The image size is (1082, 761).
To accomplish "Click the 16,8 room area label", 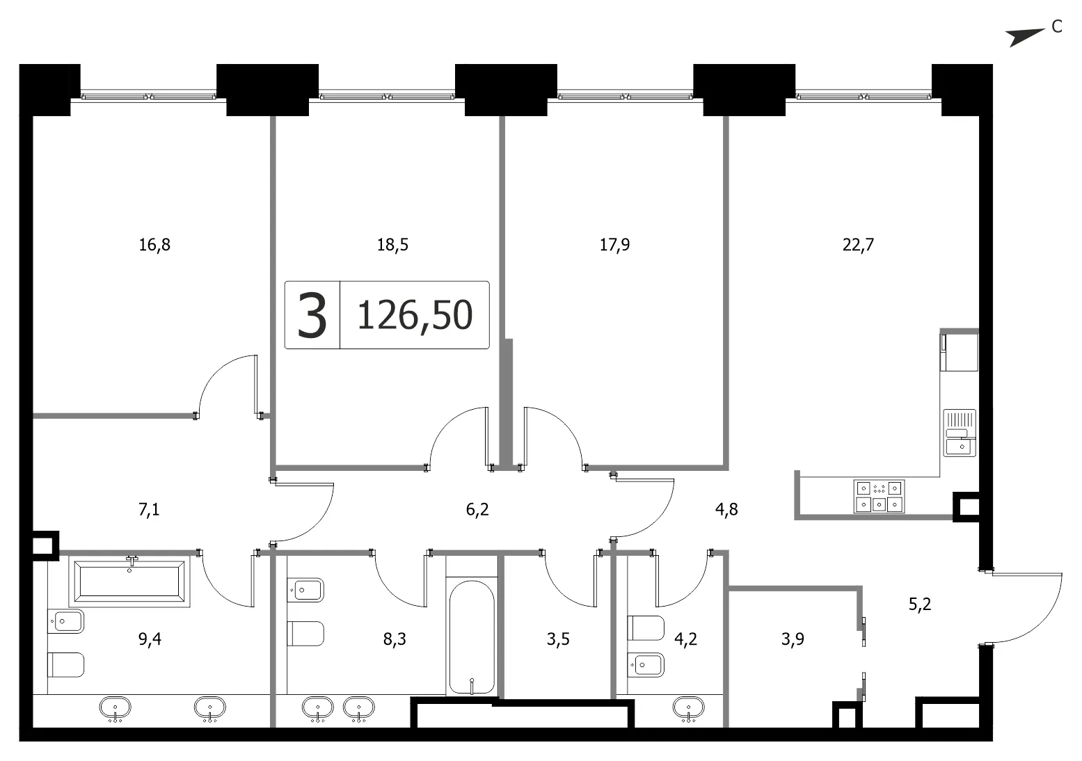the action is [154, 245].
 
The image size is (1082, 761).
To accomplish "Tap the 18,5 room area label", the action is [392, 245].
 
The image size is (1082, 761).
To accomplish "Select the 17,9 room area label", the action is [614, 245].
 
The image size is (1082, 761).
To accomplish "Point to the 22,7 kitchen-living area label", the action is [859, 245].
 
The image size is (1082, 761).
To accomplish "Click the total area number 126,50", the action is [415, 315].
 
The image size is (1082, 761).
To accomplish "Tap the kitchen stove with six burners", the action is [879, 497].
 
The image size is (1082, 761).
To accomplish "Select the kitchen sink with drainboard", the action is [960, 433].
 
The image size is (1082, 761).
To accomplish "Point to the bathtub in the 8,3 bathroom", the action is [472, 637].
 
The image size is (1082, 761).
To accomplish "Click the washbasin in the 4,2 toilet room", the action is [688, 708].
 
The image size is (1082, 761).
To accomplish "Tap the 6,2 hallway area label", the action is [477, 509].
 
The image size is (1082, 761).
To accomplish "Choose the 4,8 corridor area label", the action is [726, 509].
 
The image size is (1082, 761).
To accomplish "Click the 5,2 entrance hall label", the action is [920, 604].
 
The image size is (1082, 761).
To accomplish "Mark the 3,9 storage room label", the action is [793, 639].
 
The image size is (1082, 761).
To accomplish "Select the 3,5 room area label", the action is [558, 639].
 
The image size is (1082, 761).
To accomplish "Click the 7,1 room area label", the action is [149, 509].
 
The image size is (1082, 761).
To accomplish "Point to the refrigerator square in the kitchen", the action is [960, 352].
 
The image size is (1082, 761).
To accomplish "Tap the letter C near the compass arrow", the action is [1057, 27].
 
